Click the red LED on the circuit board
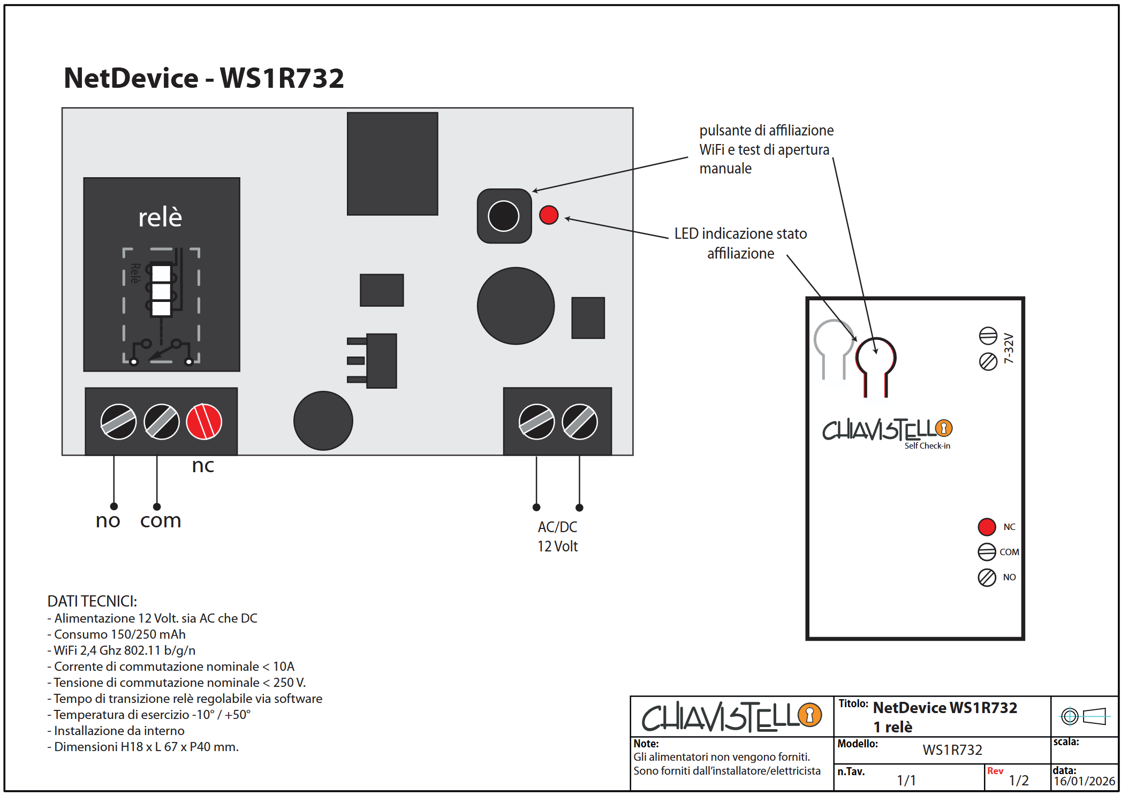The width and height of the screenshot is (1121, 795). click(x=549, y=215)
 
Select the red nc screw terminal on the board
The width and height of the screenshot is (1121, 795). click(x=204, y=421)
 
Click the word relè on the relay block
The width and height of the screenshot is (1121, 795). click(x=160, y=217)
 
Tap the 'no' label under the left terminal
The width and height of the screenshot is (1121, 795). click(x=108, y=520)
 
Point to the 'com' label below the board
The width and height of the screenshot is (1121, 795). click(x=161, y=520)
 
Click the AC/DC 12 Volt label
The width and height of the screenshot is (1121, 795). click(x=557, y=536)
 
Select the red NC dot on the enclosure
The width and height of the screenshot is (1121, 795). click(x=987, y=527)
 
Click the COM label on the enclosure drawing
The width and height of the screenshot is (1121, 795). click(x=1009, y=552)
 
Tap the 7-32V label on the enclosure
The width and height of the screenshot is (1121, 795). click(x=1009, y=349)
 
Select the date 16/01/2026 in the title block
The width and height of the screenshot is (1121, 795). click(x=1084, y=781)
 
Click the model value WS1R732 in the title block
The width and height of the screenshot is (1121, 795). click(x=952, y=749)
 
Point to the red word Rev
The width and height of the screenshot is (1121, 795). click(x=995, y=771)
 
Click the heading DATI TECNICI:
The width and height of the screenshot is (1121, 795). click(x=92, y=601)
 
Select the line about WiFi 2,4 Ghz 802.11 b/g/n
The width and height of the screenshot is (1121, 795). click(x=124, y=650)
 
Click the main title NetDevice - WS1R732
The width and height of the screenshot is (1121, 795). click(x=203, y=78)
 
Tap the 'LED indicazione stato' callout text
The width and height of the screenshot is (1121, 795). click(x=740, y=234)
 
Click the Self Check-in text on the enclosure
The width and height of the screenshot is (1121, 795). click(x=927, y=445)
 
